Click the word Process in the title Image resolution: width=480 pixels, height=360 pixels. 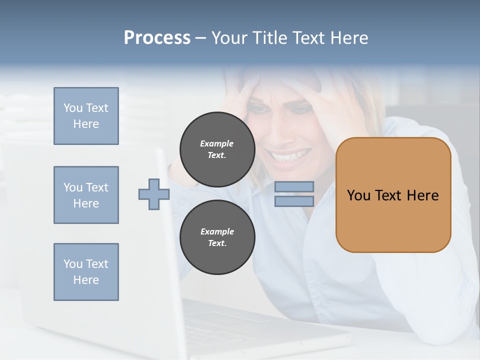(157, 38)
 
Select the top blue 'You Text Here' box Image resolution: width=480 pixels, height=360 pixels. (86, 116)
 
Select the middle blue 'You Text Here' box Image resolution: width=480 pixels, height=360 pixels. (86, 195)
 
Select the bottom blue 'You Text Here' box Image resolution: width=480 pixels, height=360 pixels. (86, 272)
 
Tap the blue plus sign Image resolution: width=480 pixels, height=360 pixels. (154, 194)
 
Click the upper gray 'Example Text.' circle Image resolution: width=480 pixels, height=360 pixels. (217, 149)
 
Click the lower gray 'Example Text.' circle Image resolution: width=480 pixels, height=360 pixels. (217, 237)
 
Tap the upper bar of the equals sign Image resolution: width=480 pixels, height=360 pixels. (294, 187)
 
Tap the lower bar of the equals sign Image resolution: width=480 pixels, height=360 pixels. (294, 201)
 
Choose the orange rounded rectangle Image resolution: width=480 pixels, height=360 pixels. (393, 220)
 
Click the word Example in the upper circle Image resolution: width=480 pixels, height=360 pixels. (217, 143)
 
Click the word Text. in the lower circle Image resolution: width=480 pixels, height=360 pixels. (217, 243)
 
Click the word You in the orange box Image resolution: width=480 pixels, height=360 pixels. (358, 195)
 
